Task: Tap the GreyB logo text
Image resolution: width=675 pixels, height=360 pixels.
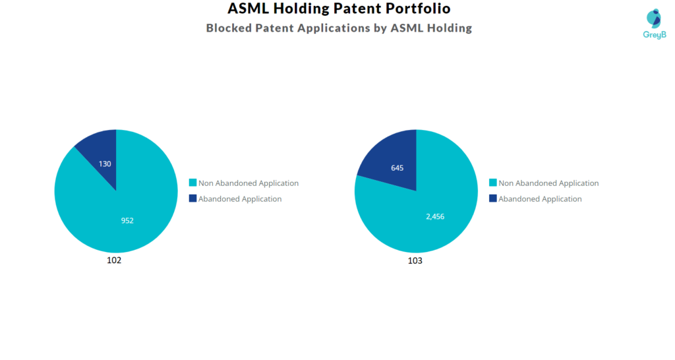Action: (654, 34)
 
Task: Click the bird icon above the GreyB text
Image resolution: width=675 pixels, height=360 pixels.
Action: (653, 18)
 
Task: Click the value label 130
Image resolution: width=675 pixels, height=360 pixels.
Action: (105, 164)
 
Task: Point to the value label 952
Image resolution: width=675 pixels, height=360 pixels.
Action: (127, 220)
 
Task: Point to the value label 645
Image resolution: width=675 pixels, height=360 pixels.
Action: (397, 168)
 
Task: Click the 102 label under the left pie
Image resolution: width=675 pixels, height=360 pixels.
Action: (114, 260)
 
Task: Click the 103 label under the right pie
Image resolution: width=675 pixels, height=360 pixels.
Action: (415, 261)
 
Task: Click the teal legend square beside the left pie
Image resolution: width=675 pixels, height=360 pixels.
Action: (192, 183)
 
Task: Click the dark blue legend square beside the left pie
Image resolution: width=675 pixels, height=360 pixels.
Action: (192, 198)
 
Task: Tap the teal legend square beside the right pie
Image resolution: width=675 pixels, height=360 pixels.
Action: (492, 183)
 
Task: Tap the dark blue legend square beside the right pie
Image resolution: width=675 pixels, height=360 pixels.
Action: (492, 198)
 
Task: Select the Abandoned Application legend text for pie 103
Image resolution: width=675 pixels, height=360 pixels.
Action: (540, 199)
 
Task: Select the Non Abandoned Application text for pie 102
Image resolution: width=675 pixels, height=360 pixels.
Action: (249, 183)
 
